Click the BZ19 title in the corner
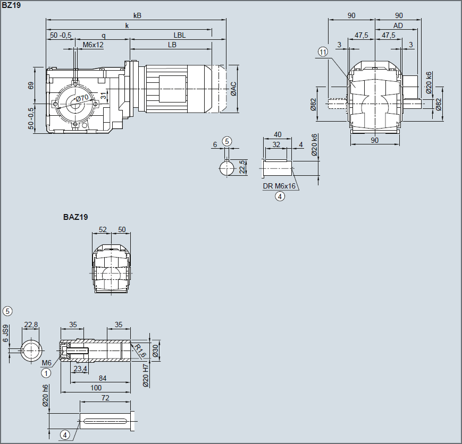click(x=11, y=5)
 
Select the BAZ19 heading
click(x=75, y=217)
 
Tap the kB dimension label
click(x=137, y=15)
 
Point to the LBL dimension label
click(x=180, y=36)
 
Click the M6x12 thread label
click(x=93, y=45)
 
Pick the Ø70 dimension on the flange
click(x=82, y=98)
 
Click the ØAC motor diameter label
click(x=233, y=89)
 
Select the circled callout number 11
click(x=323, y=52)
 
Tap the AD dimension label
click(x=398, y=25)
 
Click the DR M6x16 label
click(x=279, y=186)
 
